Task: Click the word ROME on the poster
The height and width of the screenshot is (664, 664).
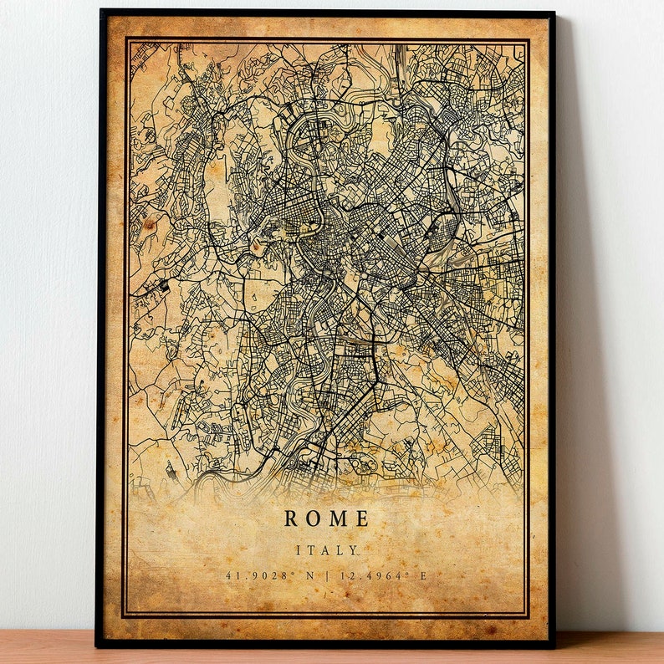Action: (326, 518)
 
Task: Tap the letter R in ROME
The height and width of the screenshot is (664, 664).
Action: (291, 518)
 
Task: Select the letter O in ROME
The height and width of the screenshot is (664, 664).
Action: (313, 518)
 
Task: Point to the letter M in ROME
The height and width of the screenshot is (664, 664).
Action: (337, 518)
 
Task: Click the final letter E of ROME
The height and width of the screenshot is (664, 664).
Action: (361, 518)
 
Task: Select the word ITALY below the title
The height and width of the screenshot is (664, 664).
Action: (326, 550)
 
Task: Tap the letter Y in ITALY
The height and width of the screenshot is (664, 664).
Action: (354, 550)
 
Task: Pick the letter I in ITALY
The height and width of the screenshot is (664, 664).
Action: (299, 550)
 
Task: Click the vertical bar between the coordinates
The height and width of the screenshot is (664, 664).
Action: (325, 575)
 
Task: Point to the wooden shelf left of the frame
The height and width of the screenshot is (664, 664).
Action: (46, 647)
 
